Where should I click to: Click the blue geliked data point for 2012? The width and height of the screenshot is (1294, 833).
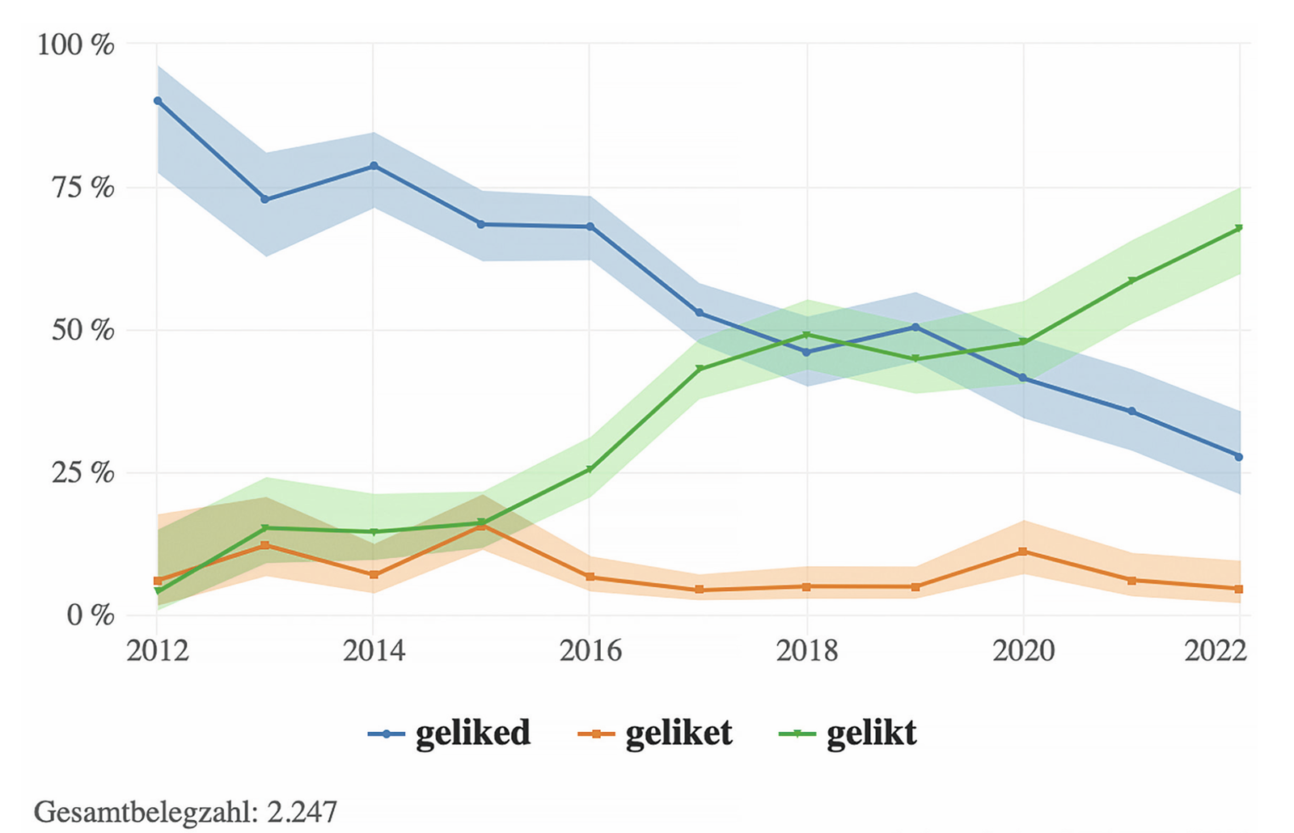(x=158, y=100)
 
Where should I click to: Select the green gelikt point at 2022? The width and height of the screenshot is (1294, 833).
(x=1239, y=228)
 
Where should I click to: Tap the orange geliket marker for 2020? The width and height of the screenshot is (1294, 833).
(x=1023, y=552)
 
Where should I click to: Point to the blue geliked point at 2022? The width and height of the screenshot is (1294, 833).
(x=1239, y=457)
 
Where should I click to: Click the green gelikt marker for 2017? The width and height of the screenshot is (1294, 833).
(x=699, y=370)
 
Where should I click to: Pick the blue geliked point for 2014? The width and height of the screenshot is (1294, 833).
(x=374, y=166)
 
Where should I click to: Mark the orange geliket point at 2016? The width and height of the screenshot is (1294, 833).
(x=590, y=577)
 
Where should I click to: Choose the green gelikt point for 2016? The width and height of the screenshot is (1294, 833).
(x=590, y=469)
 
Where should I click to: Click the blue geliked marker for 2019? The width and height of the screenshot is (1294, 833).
(x=916, y=327)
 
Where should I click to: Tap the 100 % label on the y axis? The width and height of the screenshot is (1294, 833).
(x=76, y=45)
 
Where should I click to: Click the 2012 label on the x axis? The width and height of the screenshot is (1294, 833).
(x=158, y=650)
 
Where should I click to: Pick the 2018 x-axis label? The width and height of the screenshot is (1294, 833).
(x=807, y=650)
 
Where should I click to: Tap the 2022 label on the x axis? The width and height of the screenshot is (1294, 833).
(x=1216, y=650)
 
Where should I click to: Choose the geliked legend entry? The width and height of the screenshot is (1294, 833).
(x=450, y=734)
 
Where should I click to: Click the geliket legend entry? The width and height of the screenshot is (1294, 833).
(x=656, y=734)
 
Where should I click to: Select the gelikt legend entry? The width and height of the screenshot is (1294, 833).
(x=848, y=734)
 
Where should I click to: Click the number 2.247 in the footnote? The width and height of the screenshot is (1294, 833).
(x=302, y=811)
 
